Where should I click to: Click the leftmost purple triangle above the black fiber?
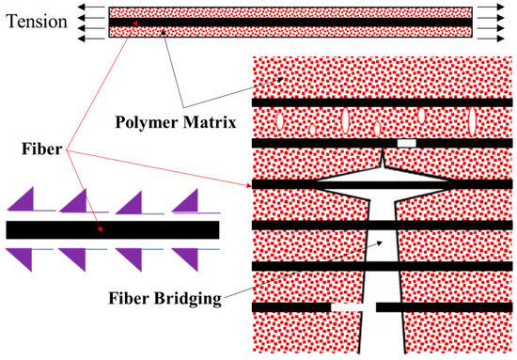tap(24, 201)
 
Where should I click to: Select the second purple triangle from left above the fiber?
tap(78, 201)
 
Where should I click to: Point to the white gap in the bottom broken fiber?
tap(348, 307)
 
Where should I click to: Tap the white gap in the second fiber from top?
tap(405, 144)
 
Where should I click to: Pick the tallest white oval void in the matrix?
tap(344, 122)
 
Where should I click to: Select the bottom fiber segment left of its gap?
tap(291, 307)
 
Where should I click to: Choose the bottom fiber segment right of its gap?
tap(441, 307)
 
